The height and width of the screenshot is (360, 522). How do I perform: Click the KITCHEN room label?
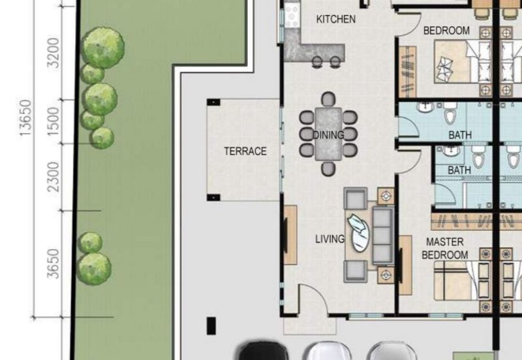[x=336, y=20]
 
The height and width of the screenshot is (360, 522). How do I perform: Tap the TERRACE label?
[x=245, y=151]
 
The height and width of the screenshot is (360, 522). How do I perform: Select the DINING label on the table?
[x=328, y=135]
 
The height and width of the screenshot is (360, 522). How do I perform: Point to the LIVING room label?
[x=330, y=239]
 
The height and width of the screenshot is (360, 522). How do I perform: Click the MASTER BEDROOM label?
[x=445, y=248]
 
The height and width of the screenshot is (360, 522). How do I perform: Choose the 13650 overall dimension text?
[x=25, y=118]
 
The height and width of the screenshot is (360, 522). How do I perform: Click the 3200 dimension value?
[x=54, y=53]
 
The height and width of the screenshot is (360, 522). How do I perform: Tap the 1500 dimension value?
[x=54, y=121]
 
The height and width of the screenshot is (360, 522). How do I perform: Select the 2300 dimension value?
[x=54, y=177]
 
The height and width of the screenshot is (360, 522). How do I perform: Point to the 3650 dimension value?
[x=54, y=263]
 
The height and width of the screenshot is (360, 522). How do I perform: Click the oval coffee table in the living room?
[x=359, y=233]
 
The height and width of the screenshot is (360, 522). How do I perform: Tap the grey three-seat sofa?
[x=382, y=235]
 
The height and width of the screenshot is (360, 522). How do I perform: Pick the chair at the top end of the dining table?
[x=328, y=99]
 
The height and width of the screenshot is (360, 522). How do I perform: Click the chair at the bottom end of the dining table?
[x=328, y=169]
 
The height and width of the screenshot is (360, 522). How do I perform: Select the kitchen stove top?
[x=292, y=15]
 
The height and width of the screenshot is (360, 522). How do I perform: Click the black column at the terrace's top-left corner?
[x=213, y=102]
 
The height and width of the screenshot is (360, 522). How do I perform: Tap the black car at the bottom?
[x=264, y=350]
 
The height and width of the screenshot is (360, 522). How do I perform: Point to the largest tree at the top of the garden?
[x=103, y=48]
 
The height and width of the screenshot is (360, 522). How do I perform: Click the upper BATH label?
[x=460, y=135]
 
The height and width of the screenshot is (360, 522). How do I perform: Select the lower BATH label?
[x=459, y=170]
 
